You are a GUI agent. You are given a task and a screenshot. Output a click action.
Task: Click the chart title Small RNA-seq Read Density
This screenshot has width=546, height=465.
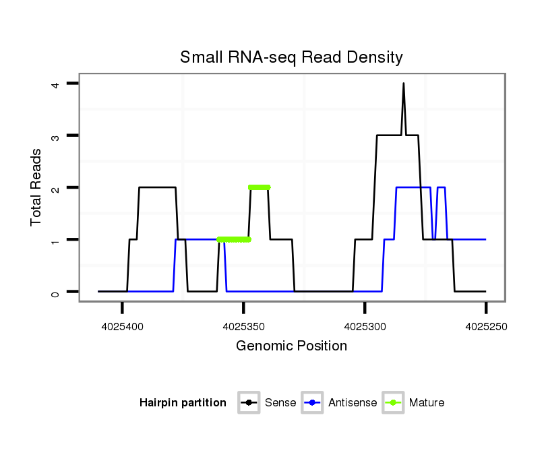(291, 57)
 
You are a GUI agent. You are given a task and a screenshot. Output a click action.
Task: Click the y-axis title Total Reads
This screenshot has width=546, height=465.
(38, 187)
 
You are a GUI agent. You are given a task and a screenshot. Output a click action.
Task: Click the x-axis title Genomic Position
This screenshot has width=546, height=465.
(291, 346)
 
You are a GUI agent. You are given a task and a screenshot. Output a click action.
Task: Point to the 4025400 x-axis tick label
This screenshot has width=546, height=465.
(122, 327)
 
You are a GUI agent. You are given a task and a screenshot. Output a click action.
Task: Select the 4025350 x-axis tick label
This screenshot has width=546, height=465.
(243, 327)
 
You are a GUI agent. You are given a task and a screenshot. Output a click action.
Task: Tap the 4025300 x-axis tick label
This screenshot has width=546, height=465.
(365, 327)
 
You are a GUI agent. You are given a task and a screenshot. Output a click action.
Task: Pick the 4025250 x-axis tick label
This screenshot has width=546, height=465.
(485, 327)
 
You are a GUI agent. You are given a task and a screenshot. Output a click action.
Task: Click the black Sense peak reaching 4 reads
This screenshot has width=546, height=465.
(404, 84)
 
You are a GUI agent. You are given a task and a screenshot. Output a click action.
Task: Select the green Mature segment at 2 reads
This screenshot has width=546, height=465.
(259, 187)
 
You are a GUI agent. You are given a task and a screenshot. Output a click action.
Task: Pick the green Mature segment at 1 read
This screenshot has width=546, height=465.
(234, 239)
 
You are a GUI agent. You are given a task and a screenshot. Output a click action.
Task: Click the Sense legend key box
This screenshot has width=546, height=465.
(249, 403)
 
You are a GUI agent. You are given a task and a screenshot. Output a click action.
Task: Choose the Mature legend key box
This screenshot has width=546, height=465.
(393, 403)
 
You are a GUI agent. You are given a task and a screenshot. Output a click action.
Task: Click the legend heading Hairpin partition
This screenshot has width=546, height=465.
(183, 403)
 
